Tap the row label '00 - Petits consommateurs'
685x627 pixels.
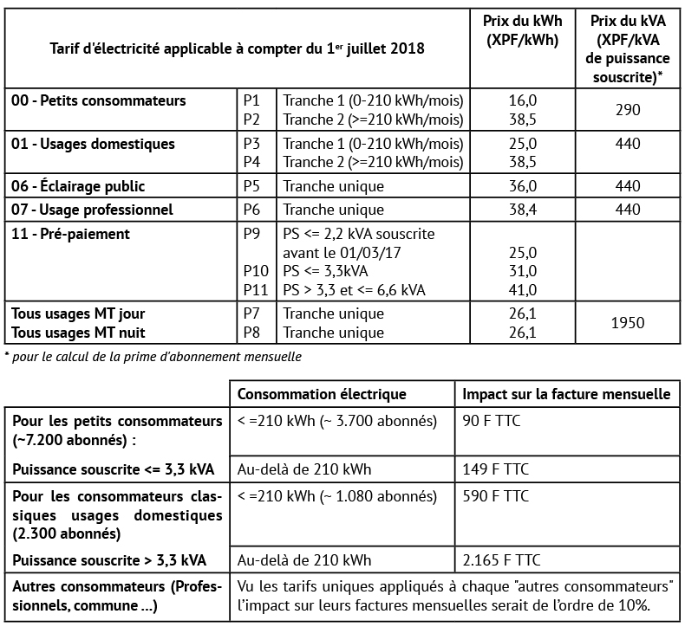pos(99,101)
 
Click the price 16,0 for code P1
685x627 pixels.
pos(525,101)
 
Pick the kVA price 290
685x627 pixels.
pos(628,110)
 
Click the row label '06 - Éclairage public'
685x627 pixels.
pos(78,186)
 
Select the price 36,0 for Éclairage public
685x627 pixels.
pos(525,186)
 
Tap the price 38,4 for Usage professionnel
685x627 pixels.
pos(525,210)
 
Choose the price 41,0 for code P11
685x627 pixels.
pos(525,290)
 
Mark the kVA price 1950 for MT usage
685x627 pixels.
pos(628,323)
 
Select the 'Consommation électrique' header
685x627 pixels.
pos(322,394)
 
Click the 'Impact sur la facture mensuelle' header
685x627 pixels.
pos(566,394)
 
